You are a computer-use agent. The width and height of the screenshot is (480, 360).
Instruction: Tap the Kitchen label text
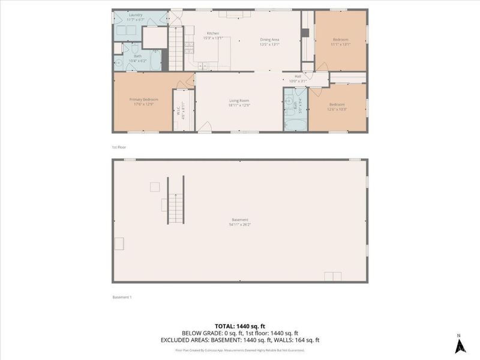(213, 33)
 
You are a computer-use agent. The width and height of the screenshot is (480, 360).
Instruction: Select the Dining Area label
(269, 40)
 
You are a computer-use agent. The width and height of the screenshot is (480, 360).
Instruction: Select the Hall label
(297, 76)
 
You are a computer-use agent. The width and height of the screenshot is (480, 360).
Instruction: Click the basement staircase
(175, 201)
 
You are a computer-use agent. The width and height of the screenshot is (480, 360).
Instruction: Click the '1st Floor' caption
(119, 147)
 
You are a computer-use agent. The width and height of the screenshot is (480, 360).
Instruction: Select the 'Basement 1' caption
(122, 297)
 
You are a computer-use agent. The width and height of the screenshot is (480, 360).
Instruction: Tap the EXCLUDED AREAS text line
(239, 340)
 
